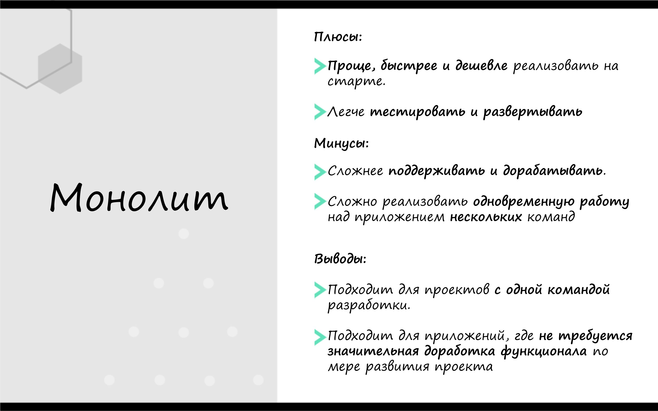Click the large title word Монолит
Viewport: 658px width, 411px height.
[x=139, y=198]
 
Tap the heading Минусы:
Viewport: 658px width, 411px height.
[x=342, y=143]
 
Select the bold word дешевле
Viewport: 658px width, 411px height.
[x=481, y=65]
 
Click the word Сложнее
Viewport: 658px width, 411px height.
[x=355, y=171]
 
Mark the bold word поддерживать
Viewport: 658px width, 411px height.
[x=437, y=171]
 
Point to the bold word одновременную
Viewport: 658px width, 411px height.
[x=524, y=202]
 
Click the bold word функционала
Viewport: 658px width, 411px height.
[x=544, y=351]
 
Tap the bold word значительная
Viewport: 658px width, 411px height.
[x=373, y=351]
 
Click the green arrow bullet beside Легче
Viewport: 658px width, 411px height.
[x=320, y=112]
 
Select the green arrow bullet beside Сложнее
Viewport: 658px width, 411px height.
[x=320, y=172]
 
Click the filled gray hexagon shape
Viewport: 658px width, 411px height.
[x=60, y=69]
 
